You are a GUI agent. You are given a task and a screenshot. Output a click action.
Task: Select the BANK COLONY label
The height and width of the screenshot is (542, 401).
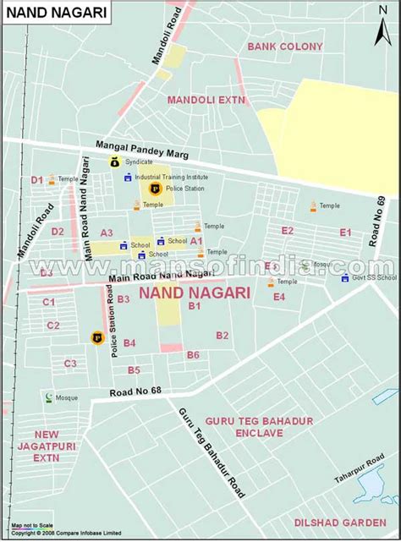point(285,46)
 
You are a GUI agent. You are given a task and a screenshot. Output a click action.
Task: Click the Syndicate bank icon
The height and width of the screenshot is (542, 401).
point(114,162)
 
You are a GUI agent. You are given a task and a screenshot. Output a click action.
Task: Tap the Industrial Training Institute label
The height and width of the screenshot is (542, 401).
point(171,177)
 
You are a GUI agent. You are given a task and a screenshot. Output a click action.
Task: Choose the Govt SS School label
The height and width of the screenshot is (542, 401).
point(375,276)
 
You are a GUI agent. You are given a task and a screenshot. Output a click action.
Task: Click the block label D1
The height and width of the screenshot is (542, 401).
point(36,179)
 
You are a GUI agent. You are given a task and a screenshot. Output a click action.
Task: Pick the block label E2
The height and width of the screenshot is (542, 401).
point(288,231)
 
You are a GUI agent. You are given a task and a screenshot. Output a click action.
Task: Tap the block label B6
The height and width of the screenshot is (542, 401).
point(193,355)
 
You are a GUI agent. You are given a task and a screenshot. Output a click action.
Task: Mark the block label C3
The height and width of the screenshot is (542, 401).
point(70,364)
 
